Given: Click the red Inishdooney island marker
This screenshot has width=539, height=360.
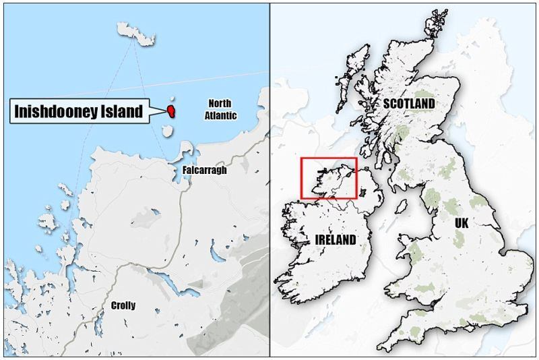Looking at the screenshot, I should [x=172, y=109].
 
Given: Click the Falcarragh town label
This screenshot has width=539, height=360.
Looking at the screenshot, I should [x=204, y=171].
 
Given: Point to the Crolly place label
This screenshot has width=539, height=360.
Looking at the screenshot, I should [x=123, y=305].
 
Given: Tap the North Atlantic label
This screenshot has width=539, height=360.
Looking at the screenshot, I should [x=220, y=109].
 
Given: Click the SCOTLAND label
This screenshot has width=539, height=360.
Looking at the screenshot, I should [x=409, y=104].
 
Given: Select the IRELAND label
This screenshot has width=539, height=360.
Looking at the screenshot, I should [x=335, y=240].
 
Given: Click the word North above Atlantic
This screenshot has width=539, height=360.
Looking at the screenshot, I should [x=220, y=103].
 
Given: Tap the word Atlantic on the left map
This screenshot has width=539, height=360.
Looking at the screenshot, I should [x=220, y=115].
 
